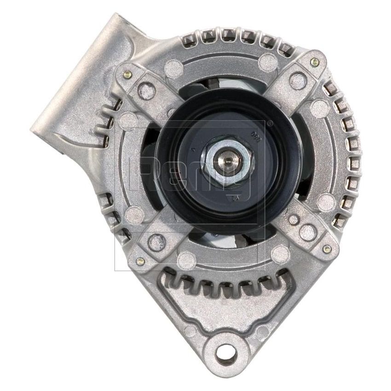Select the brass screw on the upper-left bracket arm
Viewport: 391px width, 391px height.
pos(126,72)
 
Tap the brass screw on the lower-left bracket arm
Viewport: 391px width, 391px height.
pos(141,261)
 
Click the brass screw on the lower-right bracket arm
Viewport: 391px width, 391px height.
pos(327,249)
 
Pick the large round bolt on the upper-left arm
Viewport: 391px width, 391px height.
pos(146,87)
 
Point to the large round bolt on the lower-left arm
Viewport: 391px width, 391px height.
pos(157,239)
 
